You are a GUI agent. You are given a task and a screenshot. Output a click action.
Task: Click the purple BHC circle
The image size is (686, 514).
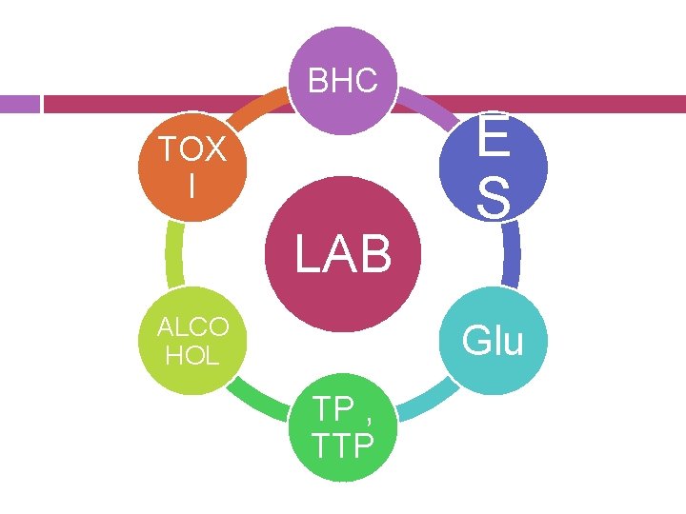pyautogui.click(x=343, y=80)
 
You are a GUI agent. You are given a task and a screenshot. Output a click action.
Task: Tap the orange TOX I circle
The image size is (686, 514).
pyautogui.click(x=192, y=167)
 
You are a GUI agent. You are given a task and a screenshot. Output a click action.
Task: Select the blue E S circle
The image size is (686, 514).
pyautogui.click(x=493, y=167)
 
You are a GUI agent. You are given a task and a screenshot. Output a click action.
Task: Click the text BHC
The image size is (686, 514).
pyautogui.click(x=343, y=82)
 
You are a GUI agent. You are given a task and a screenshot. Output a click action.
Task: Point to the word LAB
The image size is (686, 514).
pyautogui.click(x=343, y=254)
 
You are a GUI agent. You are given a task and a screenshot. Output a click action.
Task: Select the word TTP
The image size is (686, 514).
pyautogui.click(x=343, y=445)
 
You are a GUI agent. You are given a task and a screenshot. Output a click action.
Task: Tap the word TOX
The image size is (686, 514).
pyautogui.click(x=192, y=150)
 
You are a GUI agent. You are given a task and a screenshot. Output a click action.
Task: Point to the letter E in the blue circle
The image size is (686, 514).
pyautogui.click(x=493, y=140)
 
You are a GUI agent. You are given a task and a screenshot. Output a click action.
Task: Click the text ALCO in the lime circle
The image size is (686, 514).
pyautogui.click(x=192, y=327)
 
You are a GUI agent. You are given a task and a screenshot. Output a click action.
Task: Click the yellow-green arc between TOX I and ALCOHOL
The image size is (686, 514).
pyautogui.click(x=172, y=253)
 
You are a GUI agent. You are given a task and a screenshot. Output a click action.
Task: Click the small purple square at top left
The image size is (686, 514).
pyautogui.click(x=18, y=103)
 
